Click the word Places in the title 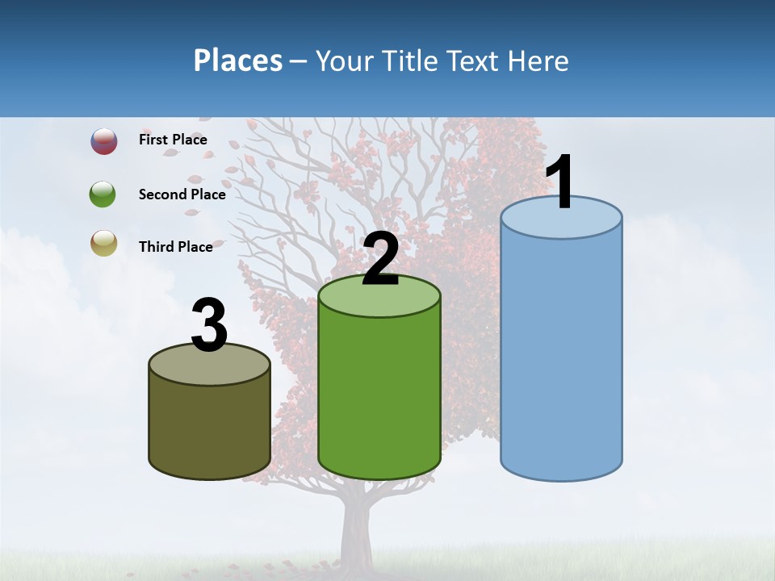tap(237, 61)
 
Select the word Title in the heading tap(410, 61)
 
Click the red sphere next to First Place tap(103, 141)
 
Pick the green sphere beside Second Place tap(103, 194)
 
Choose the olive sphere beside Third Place tap(103, 244)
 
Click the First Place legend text tap(173, 140)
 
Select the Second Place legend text tap(182, 194)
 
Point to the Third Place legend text tap(175, 247)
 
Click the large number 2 tap(380, 259)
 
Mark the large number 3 tap(209, 326)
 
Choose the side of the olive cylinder tap(209, 428)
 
